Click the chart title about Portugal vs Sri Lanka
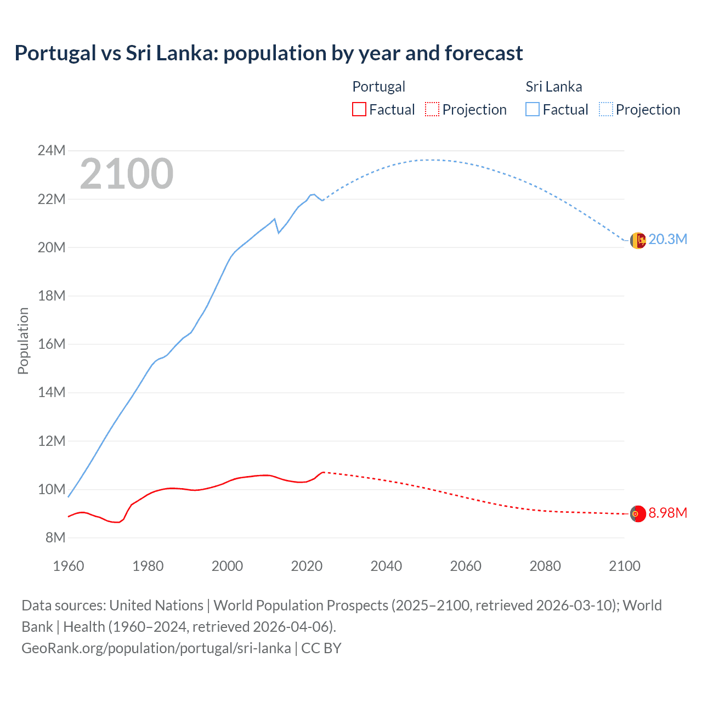268,53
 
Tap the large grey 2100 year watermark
127,174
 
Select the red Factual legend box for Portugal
359,109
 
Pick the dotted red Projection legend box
432,109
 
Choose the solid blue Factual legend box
532,109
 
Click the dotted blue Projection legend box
605,109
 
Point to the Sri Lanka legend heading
553,87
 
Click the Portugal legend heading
378,87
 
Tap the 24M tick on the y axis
52,150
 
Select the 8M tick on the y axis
55,537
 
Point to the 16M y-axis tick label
52,344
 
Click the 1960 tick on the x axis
69,566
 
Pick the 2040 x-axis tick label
386,566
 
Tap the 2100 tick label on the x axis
624,566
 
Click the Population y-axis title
23,341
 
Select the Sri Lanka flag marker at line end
637,240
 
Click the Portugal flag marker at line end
637,514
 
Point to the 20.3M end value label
667,239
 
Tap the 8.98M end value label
667,513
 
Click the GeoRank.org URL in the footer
156,648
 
